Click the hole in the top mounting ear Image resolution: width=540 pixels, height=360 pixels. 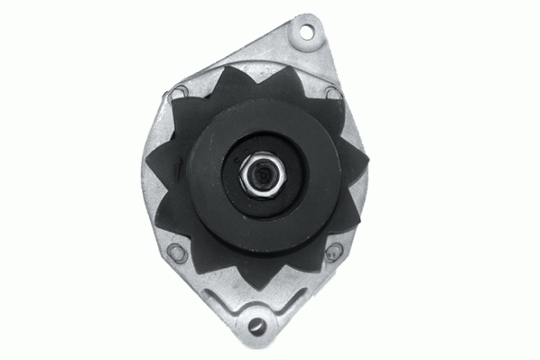(306, 33)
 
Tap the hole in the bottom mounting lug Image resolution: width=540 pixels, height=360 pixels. (257, 324)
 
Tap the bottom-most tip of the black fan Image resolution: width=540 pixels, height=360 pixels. (261, 290)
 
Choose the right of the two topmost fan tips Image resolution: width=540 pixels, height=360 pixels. (291, 66)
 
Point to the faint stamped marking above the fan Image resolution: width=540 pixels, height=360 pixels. (261, 66)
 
